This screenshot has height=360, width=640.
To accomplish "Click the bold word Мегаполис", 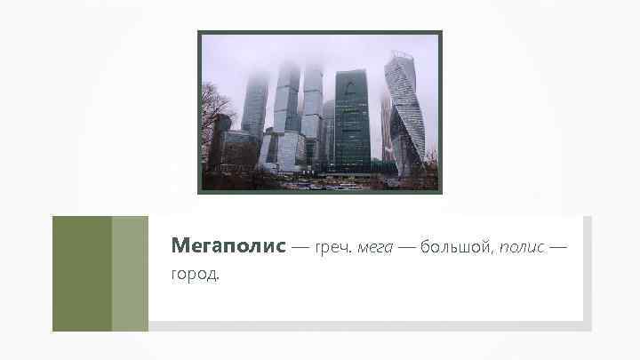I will pyautogui.click(x=228, y=244).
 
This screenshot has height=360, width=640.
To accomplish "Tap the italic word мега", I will pyautogui.click(x=374, y=245).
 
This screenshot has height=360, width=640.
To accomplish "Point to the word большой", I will pyautogui.click(x=453, y=245).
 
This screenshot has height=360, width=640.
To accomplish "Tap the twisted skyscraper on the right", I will pyautogui.click(x=405, y=116).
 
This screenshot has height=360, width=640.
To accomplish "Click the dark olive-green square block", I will pyautogui.click(x=82, y=273).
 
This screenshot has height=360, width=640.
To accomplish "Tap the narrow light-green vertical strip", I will pyautogui.click(x=130, y=273).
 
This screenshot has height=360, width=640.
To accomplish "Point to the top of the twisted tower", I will pyautogui.click(x=400, y=57).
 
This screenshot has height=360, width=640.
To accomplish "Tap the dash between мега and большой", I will pyautogui.click(x=404, y=246).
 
